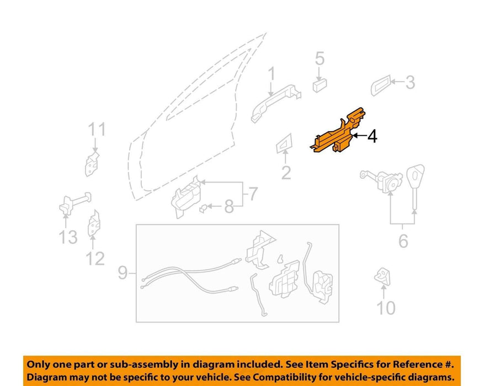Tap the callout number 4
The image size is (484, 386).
coord(373,136)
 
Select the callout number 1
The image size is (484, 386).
coord(272,74)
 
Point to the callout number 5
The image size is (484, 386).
coord(320,58)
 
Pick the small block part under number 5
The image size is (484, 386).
coord(320,85)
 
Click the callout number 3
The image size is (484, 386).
coord(410,82)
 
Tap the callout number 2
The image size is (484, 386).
coord(286,173)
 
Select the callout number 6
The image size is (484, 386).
coord(403,241)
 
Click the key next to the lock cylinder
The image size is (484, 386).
coord(415,185)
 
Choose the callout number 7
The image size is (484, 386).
coord(253,194)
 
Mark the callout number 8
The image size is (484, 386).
coord(228,207)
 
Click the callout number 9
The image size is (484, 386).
coord(123,273)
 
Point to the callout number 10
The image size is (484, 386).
coord(386,308)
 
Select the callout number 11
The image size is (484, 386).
coord(97,130)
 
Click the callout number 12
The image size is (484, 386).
coord(95,259)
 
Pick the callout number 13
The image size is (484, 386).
coord(68,237)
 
